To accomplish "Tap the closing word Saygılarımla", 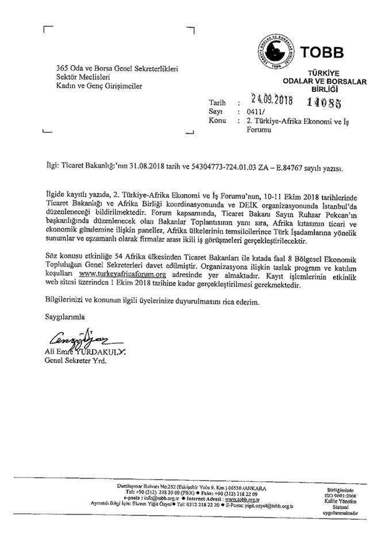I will coord(65,316).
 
